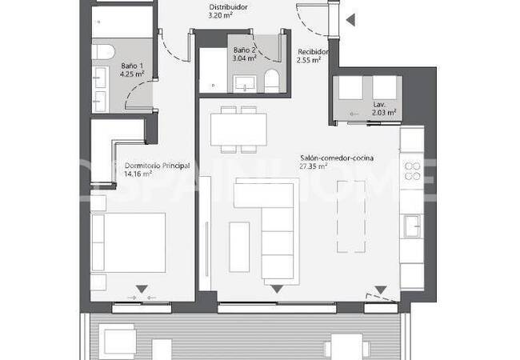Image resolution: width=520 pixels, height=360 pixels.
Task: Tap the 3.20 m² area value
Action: tap(220, 15)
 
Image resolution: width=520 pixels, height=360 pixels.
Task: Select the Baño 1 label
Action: tap(132, 66)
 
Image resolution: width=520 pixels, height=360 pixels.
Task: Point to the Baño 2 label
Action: tap(243, 50)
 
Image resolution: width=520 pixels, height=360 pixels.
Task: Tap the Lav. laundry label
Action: tap(378, 105)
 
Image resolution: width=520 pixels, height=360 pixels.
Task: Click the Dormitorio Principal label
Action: tap(156, 166)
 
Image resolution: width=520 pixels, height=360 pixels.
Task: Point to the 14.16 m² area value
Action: tap(138, 175)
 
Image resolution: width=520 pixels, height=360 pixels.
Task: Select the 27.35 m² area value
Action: tap(313, 167)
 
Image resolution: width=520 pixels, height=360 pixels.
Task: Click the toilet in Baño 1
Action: tap(102, 52)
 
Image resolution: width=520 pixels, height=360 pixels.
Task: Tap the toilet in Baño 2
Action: tap(270, 79)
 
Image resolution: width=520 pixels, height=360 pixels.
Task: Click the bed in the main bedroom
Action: tap(130, 241)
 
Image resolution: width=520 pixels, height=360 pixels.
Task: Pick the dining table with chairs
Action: tap(238, 127)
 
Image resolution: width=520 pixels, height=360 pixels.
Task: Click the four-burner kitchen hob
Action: tap(412, 170)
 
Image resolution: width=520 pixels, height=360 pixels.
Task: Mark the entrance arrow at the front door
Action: tap(349, 22)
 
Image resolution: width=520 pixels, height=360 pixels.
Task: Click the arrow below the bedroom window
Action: tap(142, 289)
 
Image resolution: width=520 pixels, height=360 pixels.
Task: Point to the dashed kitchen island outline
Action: tap(351, 216)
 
